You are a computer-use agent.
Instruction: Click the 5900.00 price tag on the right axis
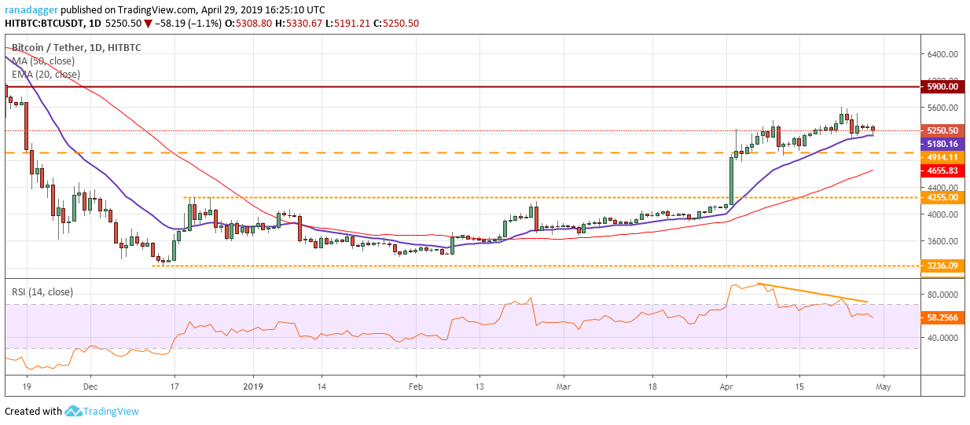942,86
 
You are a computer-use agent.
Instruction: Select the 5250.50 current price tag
942,130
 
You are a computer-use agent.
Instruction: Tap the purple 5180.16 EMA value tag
942,144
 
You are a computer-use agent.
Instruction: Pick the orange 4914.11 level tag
942,157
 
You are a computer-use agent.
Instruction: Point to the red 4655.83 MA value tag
942,170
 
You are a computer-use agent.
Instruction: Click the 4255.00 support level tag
942,197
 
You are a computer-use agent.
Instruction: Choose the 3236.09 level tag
942,266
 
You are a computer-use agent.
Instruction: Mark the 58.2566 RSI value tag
942,317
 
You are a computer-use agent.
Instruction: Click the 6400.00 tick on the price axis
942,54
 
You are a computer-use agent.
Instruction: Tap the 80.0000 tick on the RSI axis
942,295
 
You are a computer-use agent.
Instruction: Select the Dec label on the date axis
90,386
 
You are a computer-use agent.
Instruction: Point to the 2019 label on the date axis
253,386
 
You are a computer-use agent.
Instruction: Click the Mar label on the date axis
563,386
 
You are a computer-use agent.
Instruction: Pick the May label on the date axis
883,386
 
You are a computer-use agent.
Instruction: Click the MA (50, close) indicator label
43,61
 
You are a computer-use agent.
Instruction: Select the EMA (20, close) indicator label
46,75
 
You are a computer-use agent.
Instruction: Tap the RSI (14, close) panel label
42,292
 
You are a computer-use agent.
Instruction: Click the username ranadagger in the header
31,10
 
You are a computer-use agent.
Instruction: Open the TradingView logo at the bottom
101,411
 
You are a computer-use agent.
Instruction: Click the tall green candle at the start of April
731,181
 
